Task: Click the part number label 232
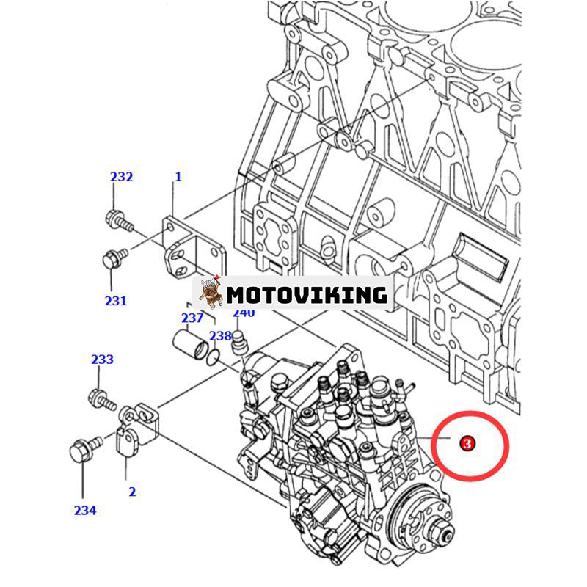122,177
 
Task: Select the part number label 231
115,300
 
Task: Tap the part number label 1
177,177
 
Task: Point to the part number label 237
192,318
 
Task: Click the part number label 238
219,335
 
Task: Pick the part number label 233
103,359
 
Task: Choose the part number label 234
85,511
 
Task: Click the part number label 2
132,492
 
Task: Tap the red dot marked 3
466,443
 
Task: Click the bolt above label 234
83,449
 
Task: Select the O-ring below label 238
214,356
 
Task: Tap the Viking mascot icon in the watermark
211,293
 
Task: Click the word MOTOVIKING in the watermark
306,294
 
